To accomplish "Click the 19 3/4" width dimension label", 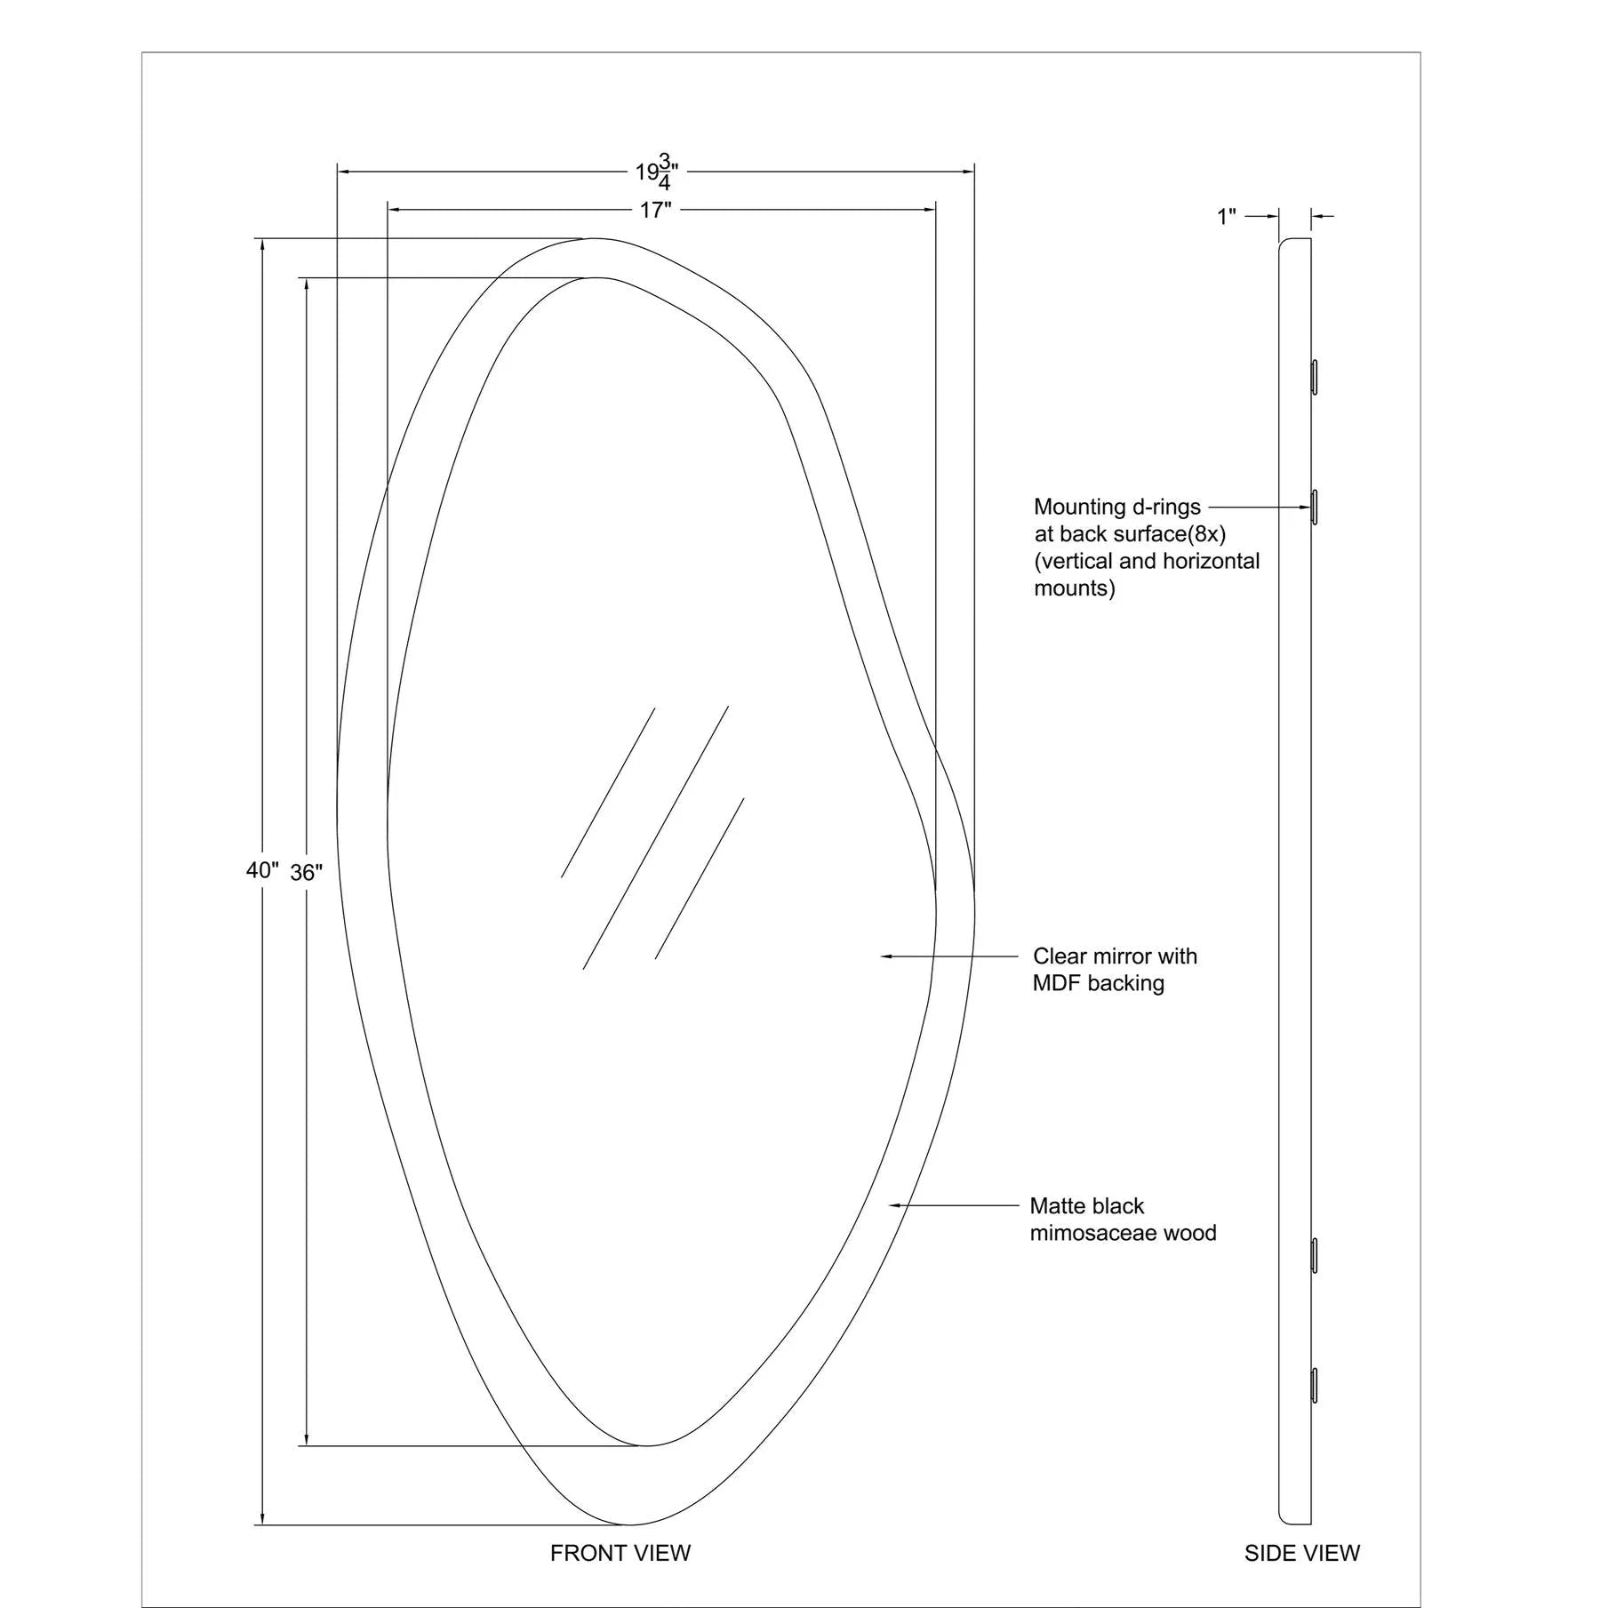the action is click(657, 172).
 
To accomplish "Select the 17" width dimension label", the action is click(655, 211).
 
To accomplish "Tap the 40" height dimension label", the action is click(262, 870).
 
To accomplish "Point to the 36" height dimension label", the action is click(306, 873).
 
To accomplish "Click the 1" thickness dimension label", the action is click(1227, 216).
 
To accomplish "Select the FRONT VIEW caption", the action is click(620, 1553).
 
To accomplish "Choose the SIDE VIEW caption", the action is click(1301, 1553).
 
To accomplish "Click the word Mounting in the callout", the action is click(1079, 508).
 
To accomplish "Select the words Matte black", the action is click(1087, 1206).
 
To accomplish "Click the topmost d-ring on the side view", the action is click(1315, 377).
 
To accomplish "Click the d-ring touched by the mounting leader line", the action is click(1315, 507).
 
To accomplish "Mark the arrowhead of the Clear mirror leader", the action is click(886, 956).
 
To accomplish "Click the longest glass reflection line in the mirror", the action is click(656, 837).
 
